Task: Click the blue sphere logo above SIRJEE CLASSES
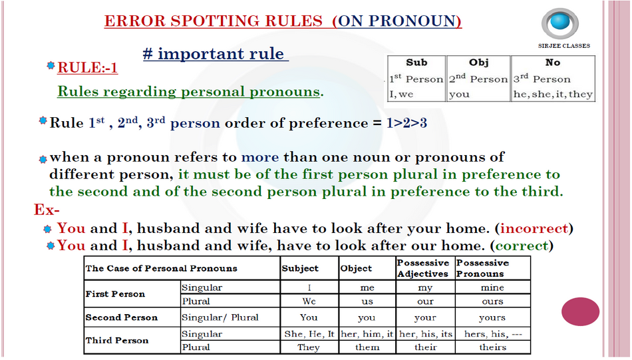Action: (560, 23)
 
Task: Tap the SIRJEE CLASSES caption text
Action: (564, 46)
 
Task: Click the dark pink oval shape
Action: (580, 311)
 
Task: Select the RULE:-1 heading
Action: (87, 67)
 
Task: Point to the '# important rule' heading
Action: (216, 54)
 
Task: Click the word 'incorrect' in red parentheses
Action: (534, 229)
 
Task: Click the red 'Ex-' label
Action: (47, 210)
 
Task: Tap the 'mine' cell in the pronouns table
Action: (492, 287)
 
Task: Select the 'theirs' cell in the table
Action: (492, 347)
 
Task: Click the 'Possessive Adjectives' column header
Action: (423, 268)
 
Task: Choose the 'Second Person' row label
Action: (121, 317)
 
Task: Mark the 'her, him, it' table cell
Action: (367, 334)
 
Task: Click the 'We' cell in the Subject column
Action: (309, 301)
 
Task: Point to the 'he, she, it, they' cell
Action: (553, 94)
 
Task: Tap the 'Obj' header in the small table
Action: (478, 63)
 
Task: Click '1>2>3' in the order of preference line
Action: (406, 123)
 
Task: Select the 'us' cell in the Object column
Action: (367, 301)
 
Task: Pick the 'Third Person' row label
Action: (117, 341)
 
